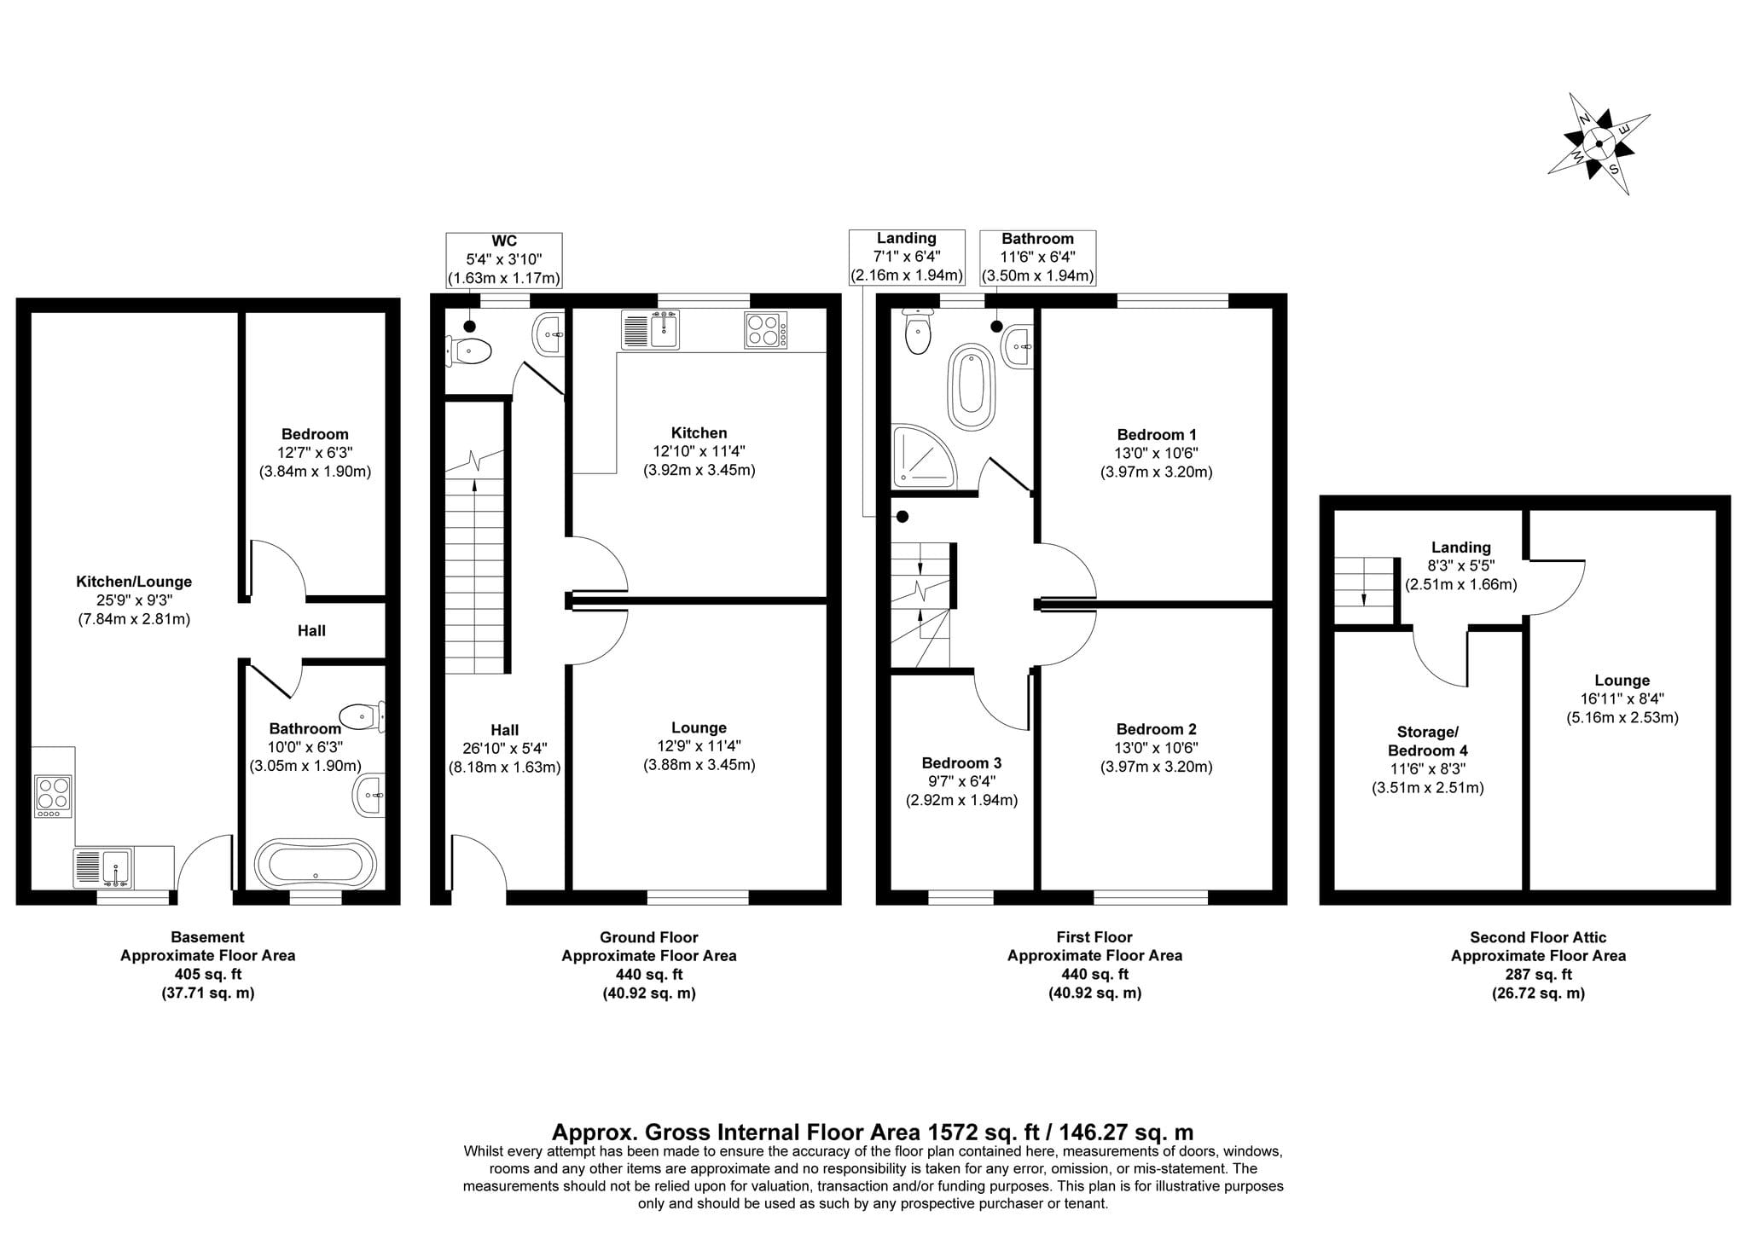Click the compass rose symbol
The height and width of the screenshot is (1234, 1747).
tap(1599, 143)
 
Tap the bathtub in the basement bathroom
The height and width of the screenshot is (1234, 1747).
tap(315, 865)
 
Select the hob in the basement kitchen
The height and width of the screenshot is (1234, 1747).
tap(53, 797)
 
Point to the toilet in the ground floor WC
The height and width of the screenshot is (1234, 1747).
tap(468, 351)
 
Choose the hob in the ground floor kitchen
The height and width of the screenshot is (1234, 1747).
tap(766, 330)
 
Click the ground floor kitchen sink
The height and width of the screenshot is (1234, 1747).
tap(650, 330)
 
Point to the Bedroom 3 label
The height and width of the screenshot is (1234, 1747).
tap(961, 763)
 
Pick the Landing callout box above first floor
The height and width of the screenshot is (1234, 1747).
tap(907, 257)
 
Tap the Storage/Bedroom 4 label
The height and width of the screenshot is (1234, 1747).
tap(1428, 741)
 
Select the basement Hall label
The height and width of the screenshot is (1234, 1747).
tap(311, 631)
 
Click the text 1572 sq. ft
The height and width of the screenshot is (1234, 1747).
tap(988, 1133)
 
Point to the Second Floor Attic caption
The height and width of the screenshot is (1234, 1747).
tap(1538, 937)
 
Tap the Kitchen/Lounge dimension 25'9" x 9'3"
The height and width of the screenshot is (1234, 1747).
tap(134, 600)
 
